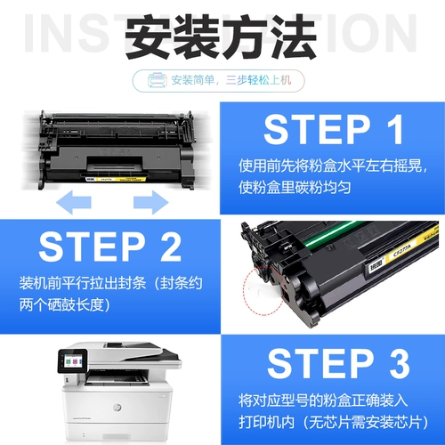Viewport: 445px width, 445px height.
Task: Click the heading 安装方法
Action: (222, 37)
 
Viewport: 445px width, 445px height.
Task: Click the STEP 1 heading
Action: (333, 130)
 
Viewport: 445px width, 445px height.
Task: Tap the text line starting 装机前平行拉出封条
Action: (110, 284)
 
